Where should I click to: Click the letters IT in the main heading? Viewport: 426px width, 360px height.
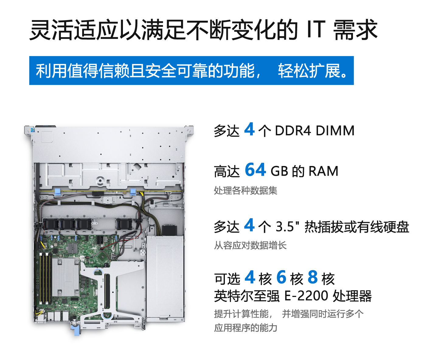coord(316,30)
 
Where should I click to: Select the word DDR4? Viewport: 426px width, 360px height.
coord(293,130)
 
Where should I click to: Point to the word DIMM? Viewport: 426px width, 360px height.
coord(335,130)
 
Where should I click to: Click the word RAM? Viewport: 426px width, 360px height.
coord(323,171)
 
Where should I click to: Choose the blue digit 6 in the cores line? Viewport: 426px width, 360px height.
coord(281,277)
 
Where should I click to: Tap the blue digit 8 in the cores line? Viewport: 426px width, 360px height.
coord(313,277)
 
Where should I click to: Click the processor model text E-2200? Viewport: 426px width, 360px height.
coord(306,295)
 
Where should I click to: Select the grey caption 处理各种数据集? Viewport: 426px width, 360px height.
coord(246,191)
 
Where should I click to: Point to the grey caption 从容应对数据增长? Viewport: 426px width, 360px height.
coord(250,245)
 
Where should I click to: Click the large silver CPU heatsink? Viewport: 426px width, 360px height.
coord(65,277)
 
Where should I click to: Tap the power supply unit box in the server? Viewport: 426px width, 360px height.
coord(165,277)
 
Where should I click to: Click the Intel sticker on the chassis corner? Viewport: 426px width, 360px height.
coord(33,130)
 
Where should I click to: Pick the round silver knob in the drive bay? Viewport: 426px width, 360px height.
coord(100,181)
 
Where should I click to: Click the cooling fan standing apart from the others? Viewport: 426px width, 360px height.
coord(124,224)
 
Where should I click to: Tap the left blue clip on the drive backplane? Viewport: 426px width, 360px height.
coord(58,192)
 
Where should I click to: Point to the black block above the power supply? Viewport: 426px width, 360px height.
coord(169,230)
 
